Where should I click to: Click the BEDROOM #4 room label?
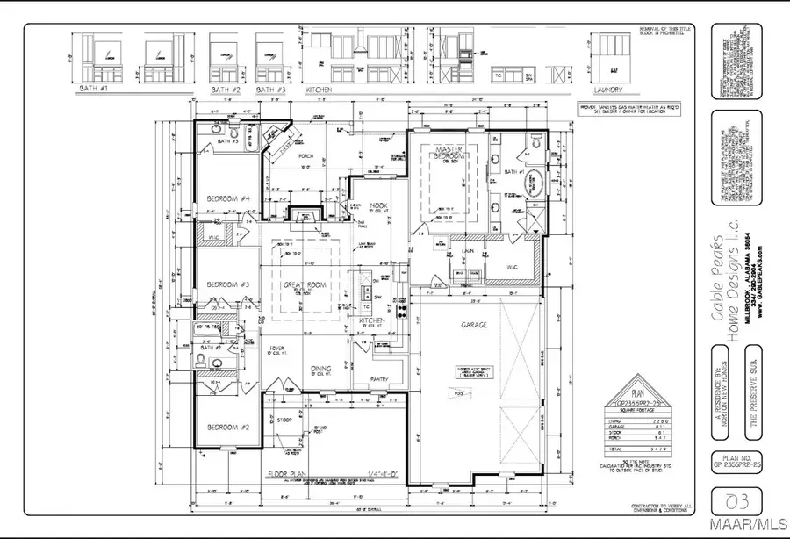(228, 200)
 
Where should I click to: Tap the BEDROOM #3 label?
(228, 284)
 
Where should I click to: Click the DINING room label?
(320, 368)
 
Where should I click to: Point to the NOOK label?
(380, 206)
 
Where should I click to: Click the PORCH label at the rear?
(305, 157)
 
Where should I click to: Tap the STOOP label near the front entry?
(283, 420)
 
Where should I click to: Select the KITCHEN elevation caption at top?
(318, 90)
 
